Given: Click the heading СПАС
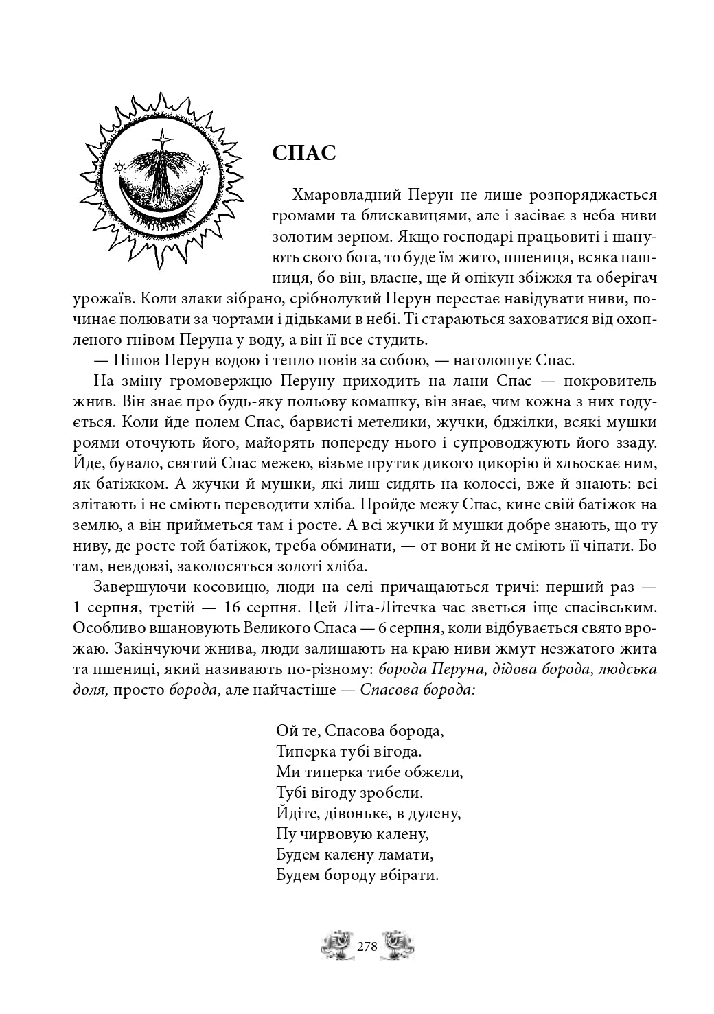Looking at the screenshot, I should [303, 153].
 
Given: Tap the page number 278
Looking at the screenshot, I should [368, 945].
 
